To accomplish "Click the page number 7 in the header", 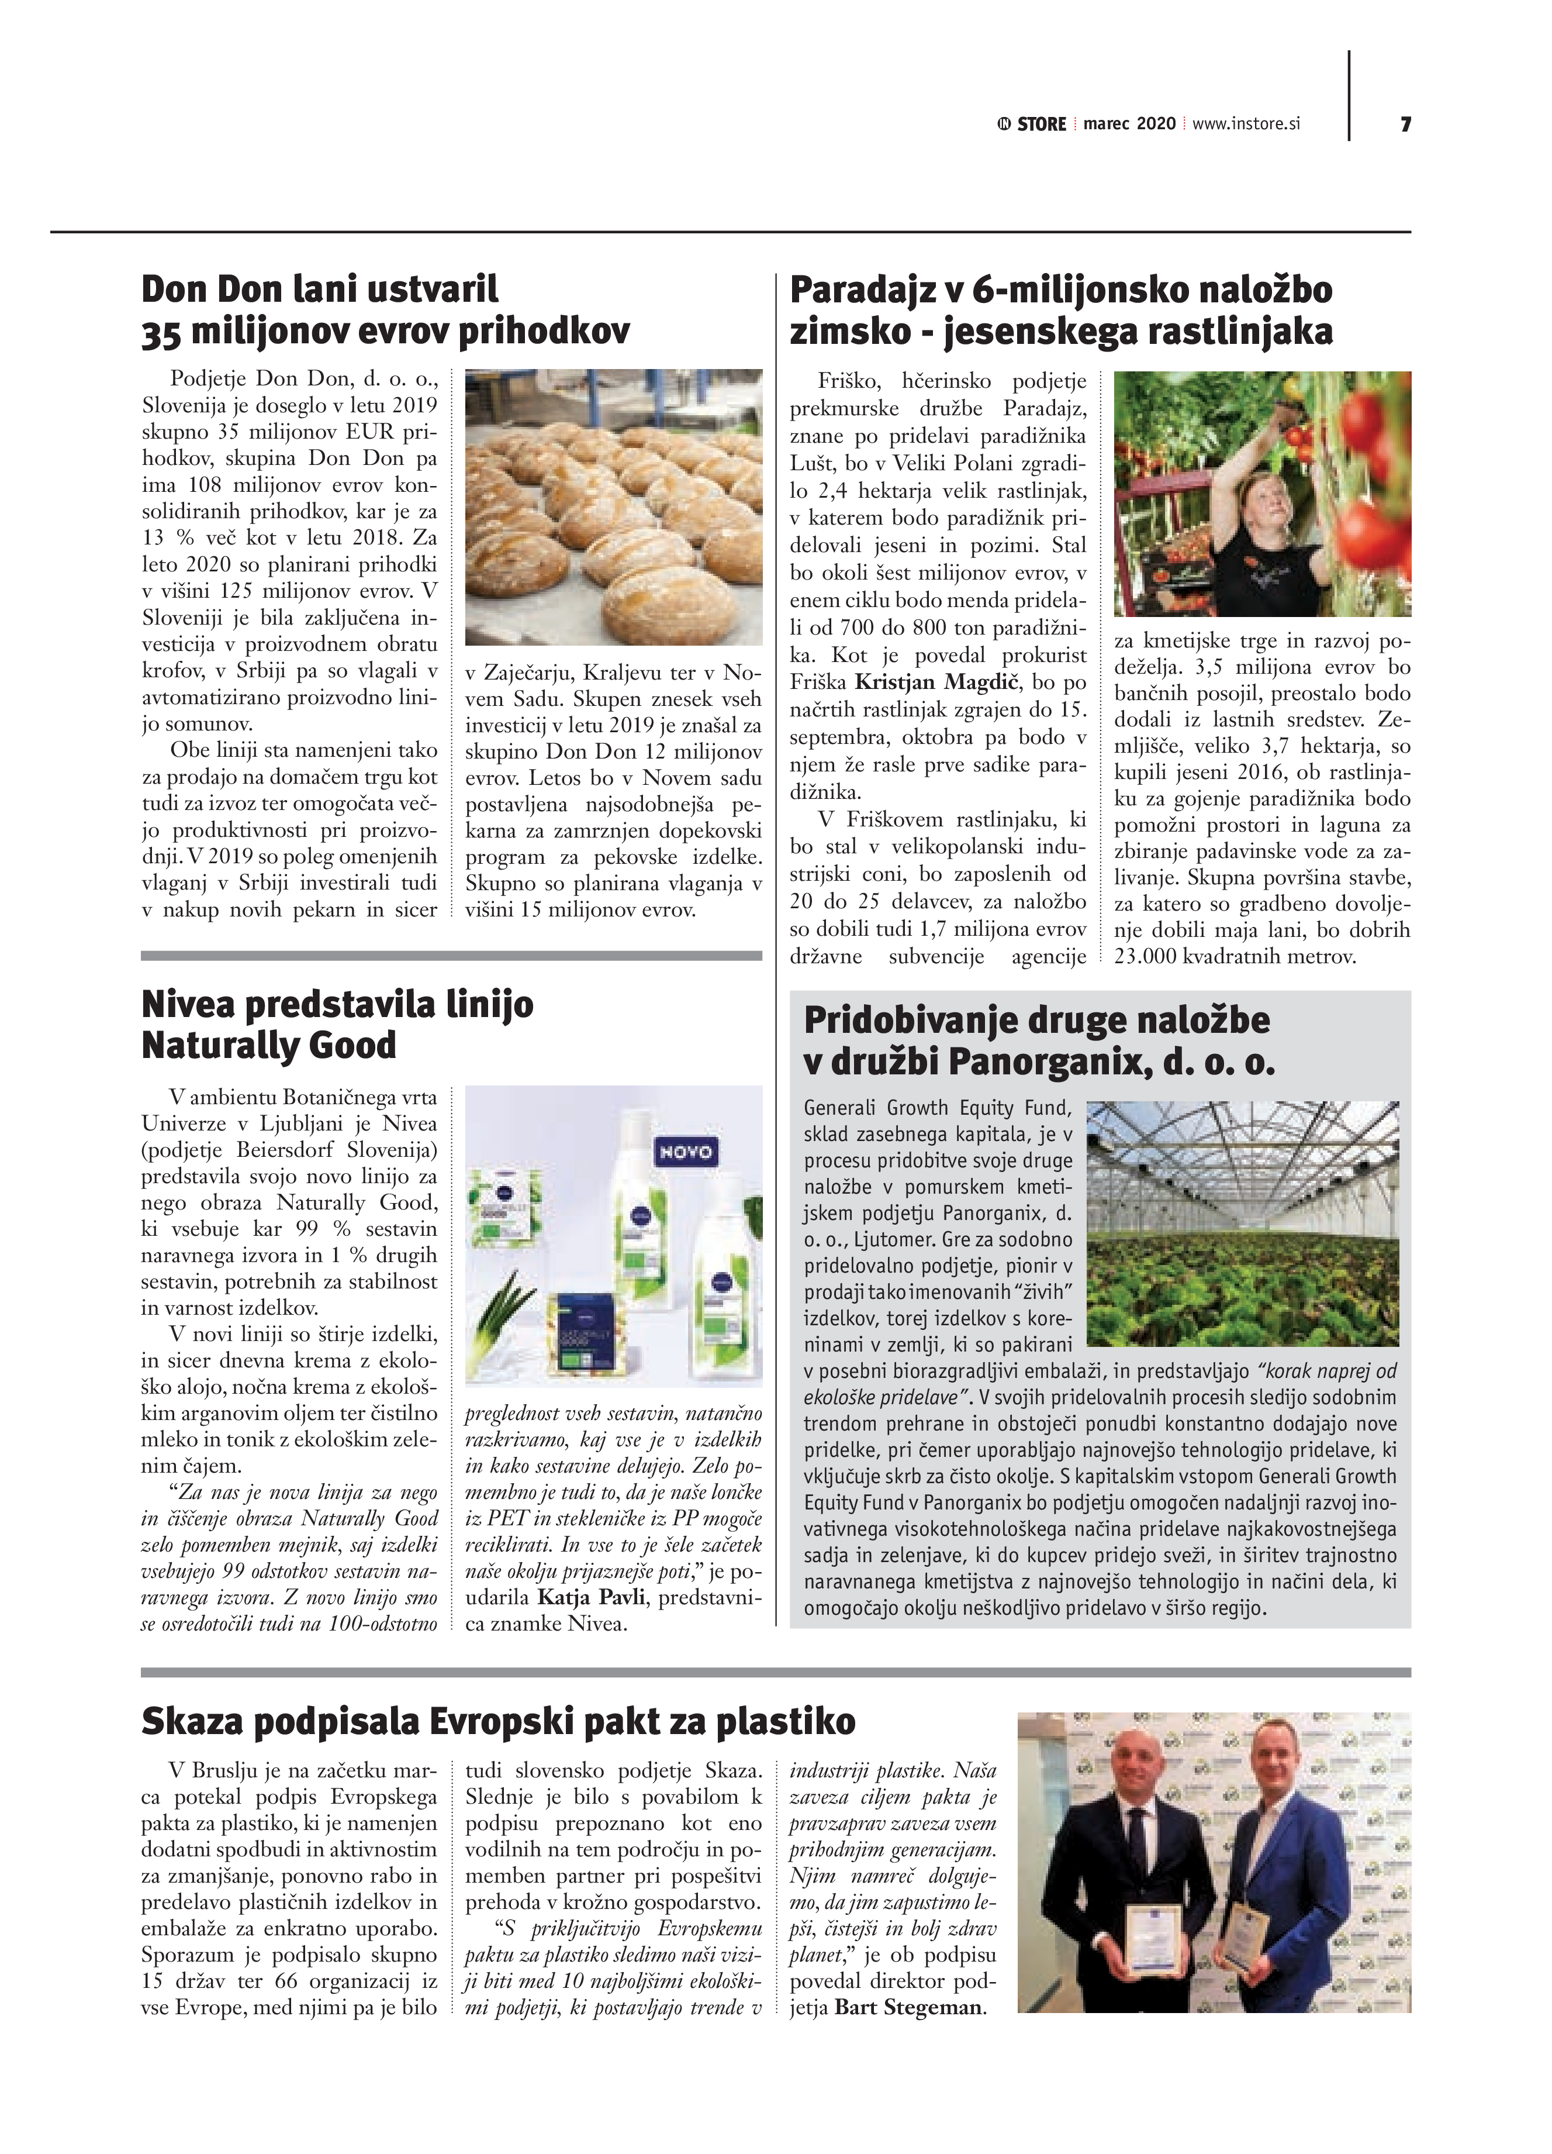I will [1405, 125].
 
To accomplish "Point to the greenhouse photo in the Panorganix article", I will [1243, 1224].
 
